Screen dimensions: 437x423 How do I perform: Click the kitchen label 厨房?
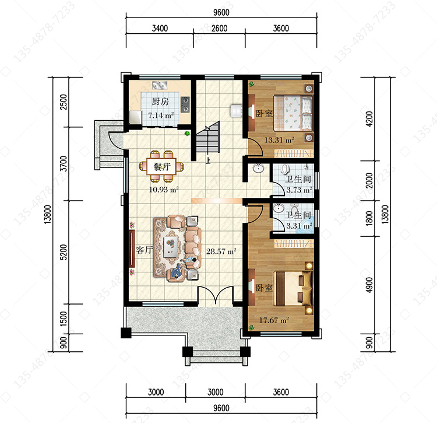click(160, 102)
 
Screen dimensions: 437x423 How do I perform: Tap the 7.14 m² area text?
click(161, 115)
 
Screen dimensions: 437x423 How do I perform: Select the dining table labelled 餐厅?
click(161, 167)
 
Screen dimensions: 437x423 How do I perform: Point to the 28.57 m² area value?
click(221, 251)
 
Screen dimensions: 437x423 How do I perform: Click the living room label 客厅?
click(145, 250)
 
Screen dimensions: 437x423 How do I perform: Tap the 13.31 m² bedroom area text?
click(279, 140)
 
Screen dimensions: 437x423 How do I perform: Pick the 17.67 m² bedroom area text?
click(274, 320)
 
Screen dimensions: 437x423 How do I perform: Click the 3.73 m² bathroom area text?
click(299, 190)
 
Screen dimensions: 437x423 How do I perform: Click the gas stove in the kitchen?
click(185, 104)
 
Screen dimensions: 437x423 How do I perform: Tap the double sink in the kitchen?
click(160, 85)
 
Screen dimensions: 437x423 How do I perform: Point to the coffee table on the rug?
click(171, 246)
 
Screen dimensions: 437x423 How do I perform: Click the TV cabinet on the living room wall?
click(132, 249)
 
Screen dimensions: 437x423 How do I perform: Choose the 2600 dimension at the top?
click(219, 29)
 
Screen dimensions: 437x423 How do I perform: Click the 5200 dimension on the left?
click(64, 252)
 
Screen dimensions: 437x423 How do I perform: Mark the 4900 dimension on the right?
click(369, 285)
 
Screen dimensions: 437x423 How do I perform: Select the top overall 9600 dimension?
click(221, 13)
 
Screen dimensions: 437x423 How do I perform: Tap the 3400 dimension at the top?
click(160, 29)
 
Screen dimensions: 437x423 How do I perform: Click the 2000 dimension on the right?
click(369, 180)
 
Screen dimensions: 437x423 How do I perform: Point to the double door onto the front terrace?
click(215, 295)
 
